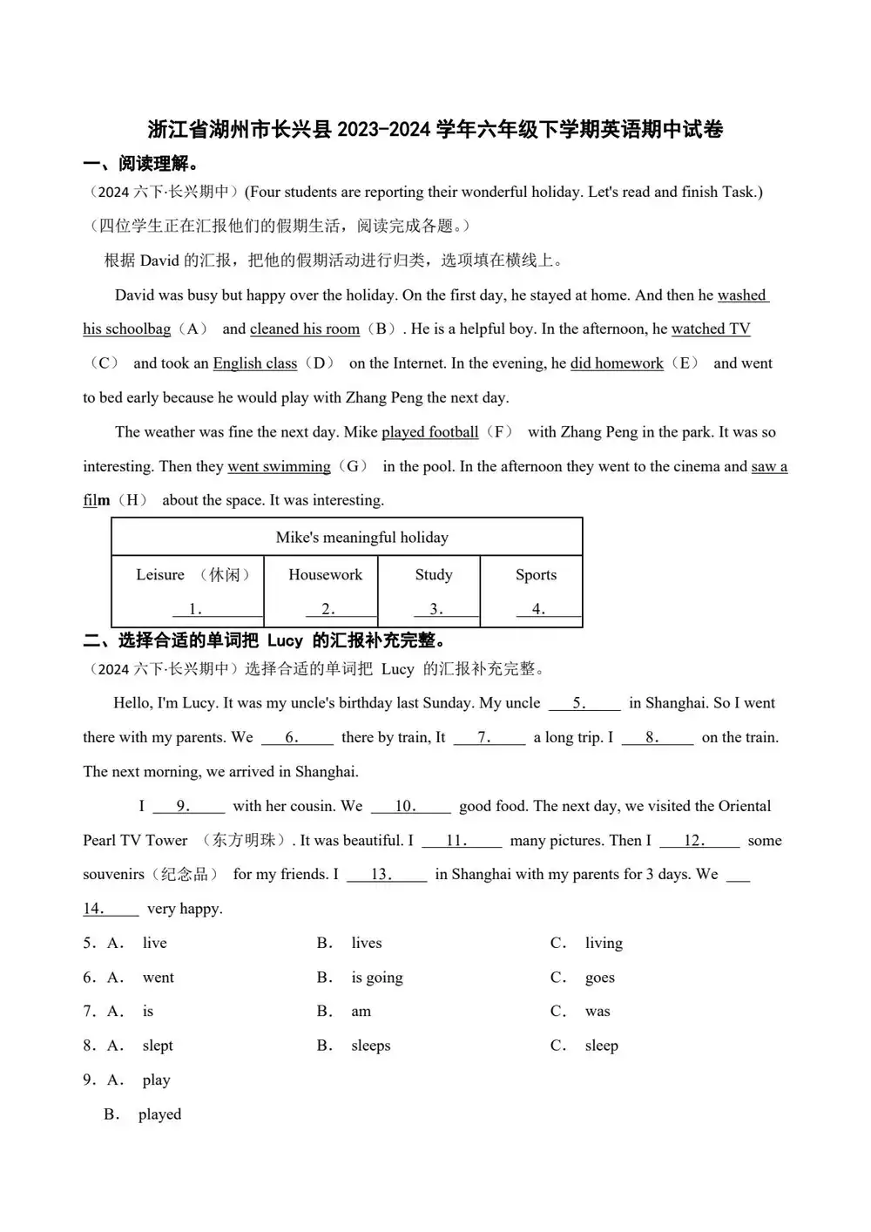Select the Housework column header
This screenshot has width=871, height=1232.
(325, 575)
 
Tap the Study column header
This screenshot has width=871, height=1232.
(434, 575)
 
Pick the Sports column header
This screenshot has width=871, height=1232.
(536, 575)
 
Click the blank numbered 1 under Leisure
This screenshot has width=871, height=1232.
(196, 609)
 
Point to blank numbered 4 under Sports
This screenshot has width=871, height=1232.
(538, 609)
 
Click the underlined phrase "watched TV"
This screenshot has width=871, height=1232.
(711, 329)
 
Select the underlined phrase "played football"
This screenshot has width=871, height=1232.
(430, 432)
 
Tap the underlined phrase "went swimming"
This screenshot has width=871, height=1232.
(279, 467)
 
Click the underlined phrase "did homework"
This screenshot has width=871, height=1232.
(617, 363)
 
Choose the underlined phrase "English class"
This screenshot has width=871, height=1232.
(255, 363)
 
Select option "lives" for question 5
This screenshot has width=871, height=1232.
(367, 944)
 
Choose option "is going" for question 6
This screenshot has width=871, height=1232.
(377, 978)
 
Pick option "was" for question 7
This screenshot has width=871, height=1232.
(598, 1012)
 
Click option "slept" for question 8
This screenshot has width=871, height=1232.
(158, 1046)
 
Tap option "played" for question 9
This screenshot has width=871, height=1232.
(159, 1114)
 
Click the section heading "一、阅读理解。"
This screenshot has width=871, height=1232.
(141, 164)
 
